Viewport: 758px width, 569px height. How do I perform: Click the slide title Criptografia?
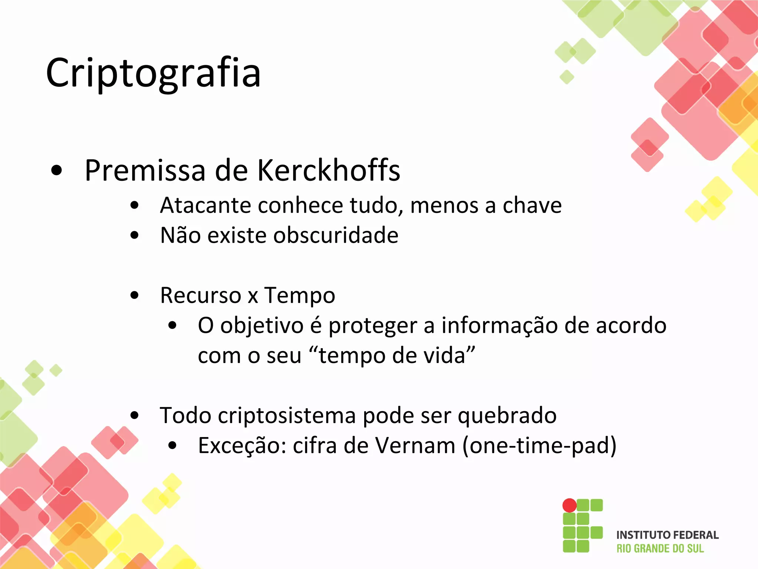point(153,73)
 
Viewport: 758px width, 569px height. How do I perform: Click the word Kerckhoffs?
point(328,170)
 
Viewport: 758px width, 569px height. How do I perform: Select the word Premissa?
point(145,170)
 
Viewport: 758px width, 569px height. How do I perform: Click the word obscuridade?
point(336,236)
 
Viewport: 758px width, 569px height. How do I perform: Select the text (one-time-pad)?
point(540,446)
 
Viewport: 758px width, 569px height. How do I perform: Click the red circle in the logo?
point(569,505)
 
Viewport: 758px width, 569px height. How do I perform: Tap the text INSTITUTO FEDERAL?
point(667,535)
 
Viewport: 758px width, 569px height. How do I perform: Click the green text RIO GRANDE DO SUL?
point(660,549)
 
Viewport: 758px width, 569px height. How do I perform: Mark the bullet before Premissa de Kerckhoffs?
point(57,171)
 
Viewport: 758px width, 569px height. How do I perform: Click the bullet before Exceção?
point(172,446)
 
